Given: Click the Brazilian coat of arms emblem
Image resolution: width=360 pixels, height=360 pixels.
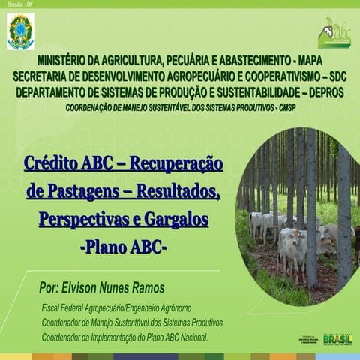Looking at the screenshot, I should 20,31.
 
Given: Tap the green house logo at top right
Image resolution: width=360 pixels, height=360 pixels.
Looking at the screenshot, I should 333,32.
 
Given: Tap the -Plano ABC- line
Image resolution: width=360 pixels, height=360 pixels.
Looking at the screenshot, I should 123,247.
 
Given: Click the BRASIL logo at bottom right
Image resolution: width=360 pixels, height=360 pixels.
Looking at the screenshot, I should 337,339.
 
